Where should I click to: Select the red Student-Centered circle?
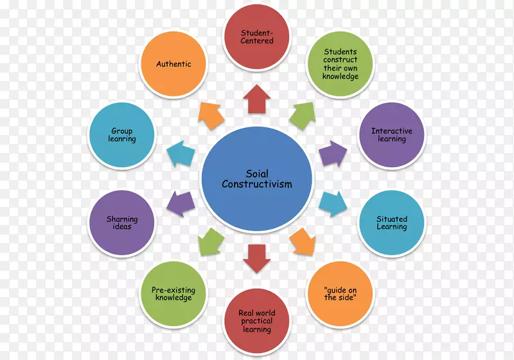click(x=257, y=37)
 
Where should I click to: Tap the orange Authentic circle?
click(x=173, y=64)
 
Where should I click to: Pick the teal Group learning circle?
click(x=122, y=136)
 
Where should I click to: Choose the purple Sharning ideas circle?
click(x=122, y=223)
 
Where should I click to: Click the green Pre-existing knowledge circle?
click(x=173, y=294)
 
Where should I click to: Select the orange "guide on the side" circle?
click(x=340, y=294)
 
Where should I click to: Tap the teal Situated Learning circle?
click(x=391, y=223)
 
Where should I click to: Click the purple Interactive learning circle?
click(x=391, y=135)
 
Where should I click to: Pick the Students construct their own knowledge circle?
click(x=340, y=64)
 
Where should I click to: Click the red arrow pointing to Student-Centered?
click(x=257, y=100)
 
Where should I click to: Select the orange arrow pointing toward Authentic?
click(x=211, y=115)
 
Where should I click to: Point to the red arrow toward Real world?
click(x=257, y=258)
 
